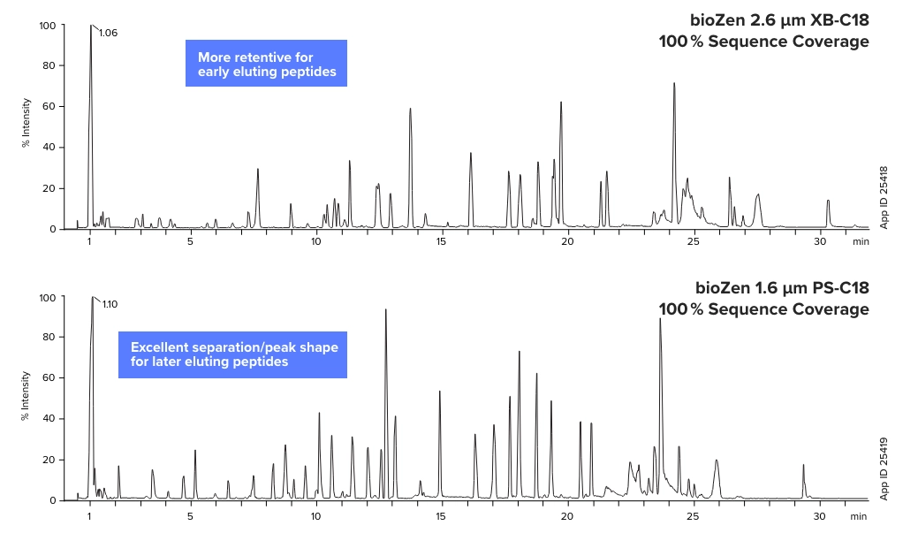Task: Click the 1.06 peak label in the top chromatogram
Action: click(x=108, y=33)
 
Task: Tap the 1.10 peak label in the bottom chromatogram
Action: click(x=110, y=304)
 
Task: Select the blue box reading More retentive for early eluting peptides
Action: click(x=266, y=64)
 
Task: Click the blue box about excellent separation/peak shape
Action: click(x=232, y=354)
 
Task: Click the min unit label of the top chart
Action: click(x=860, y=242)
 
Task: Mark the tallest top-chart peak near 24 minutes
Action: click(x=674, y=85)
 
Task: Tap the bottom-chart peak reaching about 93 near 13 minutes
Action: click(x=386, y=311)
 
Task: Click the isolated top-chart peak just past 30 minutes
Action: click(x=828, y=202)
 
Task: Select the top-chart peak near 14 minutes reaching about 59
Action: click(x=410, y=110)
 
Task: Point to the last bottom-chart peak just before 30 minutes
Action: click(x=803, y=467)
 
